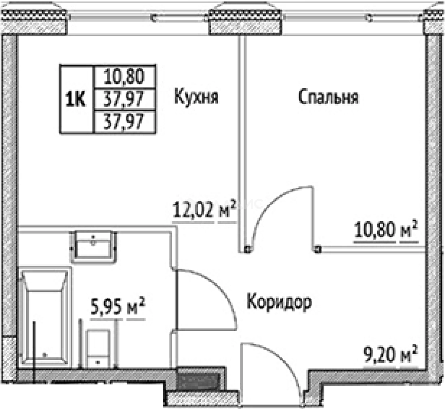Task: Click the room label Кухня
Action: [x=196, y=97]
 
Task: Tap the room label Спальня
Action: [x=328, y=97]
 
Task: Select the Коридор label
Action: [x=279, y=302]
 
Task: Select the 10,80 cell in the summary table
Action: [x=125, y=76]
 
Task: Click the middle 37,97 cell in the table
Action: [x=125, y=99]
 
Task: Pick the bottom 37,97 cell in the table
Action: [x=125, y=122]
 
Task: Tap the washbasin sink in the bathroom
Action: [x=94, y=245]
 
